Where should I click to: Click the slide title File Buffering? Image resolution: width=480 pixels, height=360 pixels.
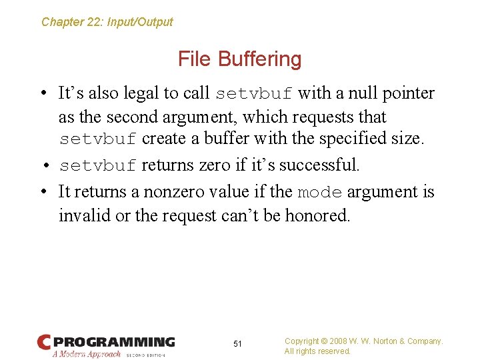[x=239, y=59]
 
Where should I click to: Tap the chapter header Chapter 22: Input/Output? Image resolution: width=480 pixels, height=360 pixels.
[x=107, y=22]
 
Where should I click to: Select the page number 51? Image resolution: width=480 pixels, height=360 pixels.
[x=237, y=344]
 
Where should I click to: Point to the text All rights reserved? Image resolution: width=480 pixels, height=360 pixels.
[x=317, y=351]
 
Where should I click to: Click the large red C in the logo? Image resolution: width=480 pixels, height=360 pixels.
[x=44, y=343]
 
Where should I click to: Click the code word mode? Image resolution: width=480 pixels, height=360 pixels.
[x=319, y=193]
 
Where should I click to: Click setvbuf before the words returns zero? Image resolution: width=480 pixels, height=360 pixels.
[x=98, y=165]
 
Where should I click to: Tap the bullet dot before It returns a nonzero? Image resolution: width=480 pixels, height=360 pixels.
[x=43, y=192]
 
